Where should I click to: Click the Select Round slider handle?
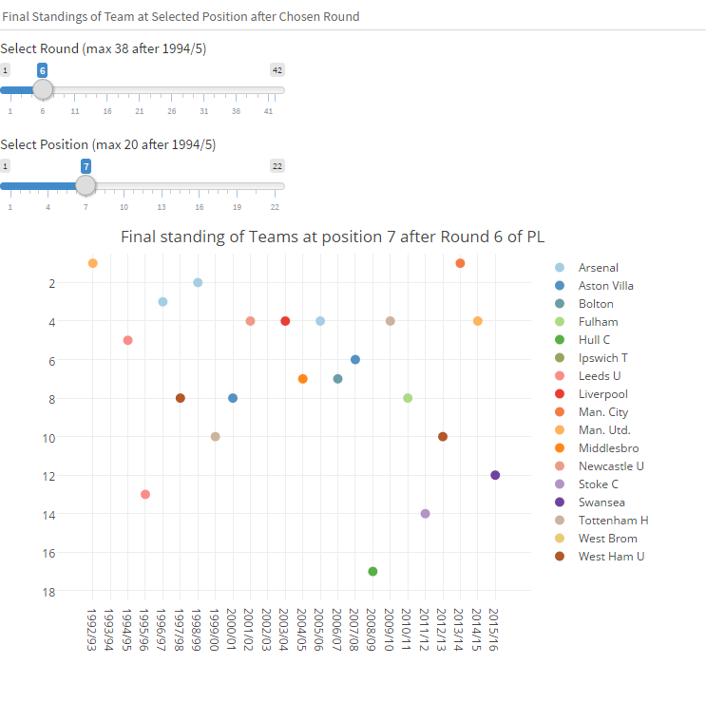pos(42,89)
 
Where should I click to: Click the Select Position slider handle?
pos(86,185)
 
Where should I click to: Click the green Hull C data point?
pos(372,571)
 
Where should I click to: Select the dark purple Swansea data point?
pos(495,475)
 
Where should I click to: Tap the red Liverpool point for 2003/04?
pos(285,321)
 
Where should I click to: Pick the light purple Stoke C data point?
pos(425,513)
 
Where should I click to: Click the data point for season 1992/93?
pos(93,263)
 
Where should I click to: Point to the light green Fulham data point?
pos(408,398)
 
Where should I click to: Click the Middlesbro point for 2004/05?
pos(303,379)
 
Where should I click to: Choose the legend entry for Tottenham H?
pos(613,521)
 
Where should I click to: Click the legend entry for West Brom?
pos(605,539)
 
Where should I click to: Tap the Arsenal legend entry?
pos(598,268)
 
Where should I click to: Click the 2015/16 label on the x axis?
pos(494,629)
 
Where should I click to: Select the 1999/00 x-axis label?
pos(215,629)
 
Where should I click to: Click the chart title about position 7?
pos(333,237)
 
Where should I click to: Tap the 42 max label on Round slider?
pos(277,69)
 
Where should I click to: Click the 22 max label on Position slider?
pos(277,165)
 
